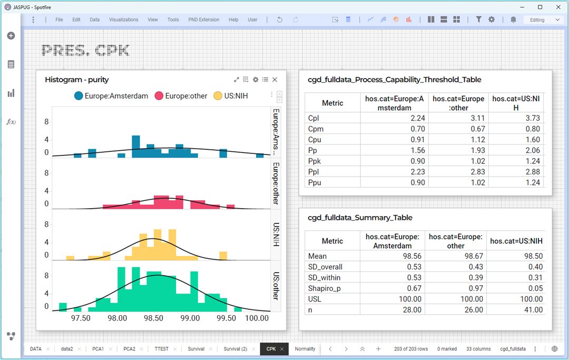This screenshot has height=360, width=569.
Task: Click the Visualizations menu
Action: pos(123,20)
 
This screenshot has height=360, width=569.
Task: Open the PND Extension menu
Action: pos(203,20)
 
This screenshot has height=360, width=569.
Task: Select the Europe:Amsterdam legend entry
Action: pos(111,96)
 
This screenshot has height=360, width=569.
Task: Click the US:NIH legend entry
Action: pos(231,96)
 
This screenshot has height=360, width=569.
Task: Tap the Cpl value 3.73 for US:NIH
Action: pos(533,118)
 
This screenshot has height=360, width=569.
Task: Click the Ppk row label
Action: pos(314,161)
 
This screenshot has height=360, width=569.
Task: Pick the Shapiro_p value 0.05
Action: pos(536,288)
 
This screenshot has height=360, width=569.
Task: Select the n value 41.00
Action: pos(533,309)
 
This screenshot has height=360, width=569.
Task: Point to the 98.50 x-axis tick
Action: pos(153,318)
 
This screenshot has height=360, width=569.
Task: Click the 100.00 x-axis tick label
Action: pos(257,318)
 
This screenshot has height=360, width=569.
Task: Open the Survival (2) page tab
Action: pos(235,349)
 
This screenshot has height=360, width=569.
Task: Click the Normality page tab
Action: pos(305,349)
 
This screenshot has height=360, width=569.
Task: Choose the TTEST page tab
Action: pos(162,349)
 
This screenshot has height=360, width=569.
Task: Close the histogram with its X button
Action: pos(274,80)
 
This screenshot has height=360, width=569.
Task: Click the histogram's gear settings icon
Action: pos(256,80)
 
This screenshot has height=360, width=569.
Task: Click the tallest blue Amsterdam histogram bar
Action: pos(136,147)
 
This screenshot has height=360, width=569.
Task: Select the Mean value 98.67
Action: pos(474,256)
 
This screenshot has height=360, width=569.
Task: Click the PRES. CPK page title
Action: pos(85,51)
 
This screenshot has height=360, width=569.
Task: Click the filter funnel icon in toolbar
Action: pos(478,20)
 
